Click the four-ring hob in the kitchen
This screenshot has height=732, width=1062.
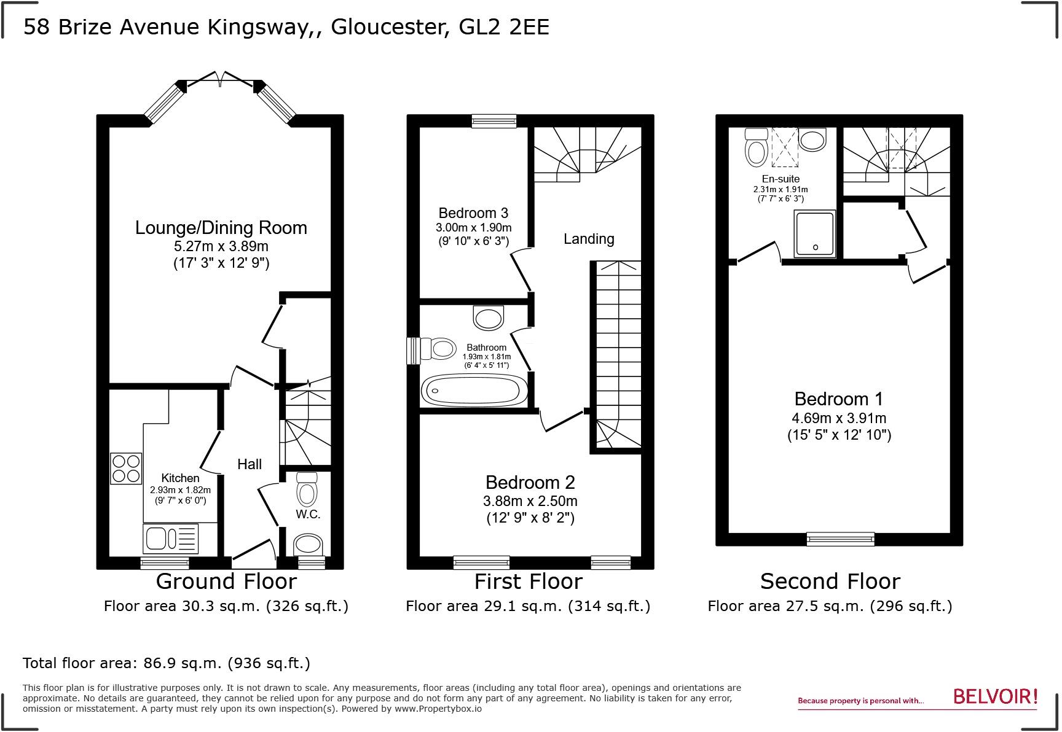tap(126, 469)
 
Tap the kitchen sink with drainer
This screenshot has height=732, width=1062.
tap(171, 539)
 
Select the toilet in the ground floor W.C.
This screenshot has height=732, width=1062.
tap(307, 489)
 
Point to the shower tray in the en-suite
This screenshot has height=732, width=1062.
tap(815, 234)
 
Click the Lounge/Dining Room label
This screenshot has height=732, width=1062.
tap(221, 228)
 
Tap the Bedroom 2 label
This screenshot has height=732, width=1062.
tap(530, 482)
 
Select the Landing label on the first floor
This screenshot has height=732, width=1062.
tap(589, 239)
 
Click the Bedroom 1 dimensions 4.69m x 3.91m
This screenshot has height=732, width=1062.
tap(839, 418)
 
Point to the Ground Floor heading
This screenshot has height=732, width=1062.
tap(226, 581)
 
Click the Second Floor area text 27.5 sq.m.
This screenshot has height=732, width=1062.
tap(830, 607)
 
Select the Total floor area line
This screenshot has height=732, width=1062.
tap(167, 663)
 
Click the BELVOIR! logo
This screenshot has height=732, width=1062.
tap(995, 697)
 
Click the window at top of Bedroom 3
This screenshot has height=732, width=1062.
tap(494, 121)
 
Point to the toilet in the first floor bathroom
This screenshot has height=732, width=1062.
tap(439, 349)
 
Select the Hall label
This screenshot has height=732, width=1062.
tap(250, 464)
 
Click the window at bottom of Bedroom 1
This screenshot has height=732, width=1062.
tap(840, 539)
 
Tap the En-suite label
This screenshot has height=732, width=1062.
tap(780, 179)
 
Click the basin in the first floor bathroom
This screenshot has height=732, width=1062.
tap(489, 317)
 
